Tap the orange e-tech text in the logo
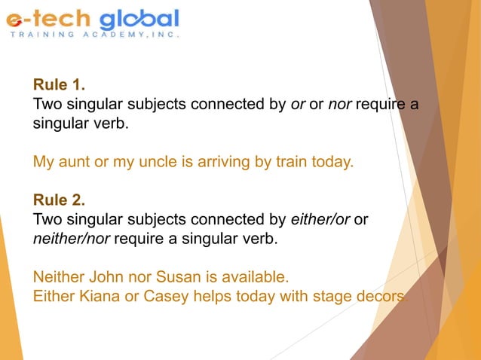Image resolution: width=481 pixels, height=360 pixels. coord(49,20)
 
